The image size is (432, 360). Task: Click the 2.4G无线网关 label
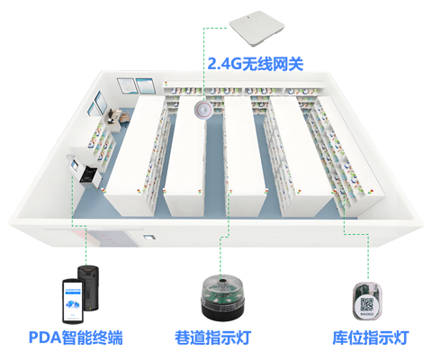click(x=256, y=64)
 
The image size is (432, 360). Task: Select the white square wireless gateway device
click(x=256, y=28)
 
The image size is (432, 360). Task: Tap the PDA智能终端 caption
click(x=76, y=337)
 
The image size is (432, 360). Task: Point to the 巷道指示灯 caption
click(x=213, y=337)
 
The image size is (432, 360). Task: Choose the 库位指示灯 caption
click(x=371, y=337)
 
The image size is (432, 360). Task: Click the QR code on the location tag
click(x=366, y=304)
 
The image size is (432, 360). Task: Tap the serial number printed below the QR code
click(x=366, y=314)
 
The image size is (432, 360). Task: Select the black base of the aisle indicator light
click(x=223, y=312)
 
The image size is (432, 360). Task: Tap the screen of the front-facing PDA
click(x=73, y=301)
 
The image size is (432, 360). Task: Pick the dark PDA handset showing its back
click(x=89, y=285)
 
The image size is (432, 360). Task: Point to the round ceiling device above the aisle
click(x=204, y=110)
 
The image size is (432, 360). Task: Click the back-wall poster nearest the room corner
click(x=126, y=85)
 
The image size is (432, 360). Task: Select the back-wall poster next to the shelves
click(x=146, y=85)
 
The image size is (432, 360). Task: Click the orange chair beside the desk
click(x=124, y=117)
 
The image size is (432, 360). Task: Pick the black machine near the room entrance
click(x=90, y=176)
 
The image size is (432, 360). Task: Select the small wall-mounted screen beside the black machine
click(x=74, y=165)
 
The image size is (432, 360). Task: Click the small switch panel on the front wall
click(x=149, y=238)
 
